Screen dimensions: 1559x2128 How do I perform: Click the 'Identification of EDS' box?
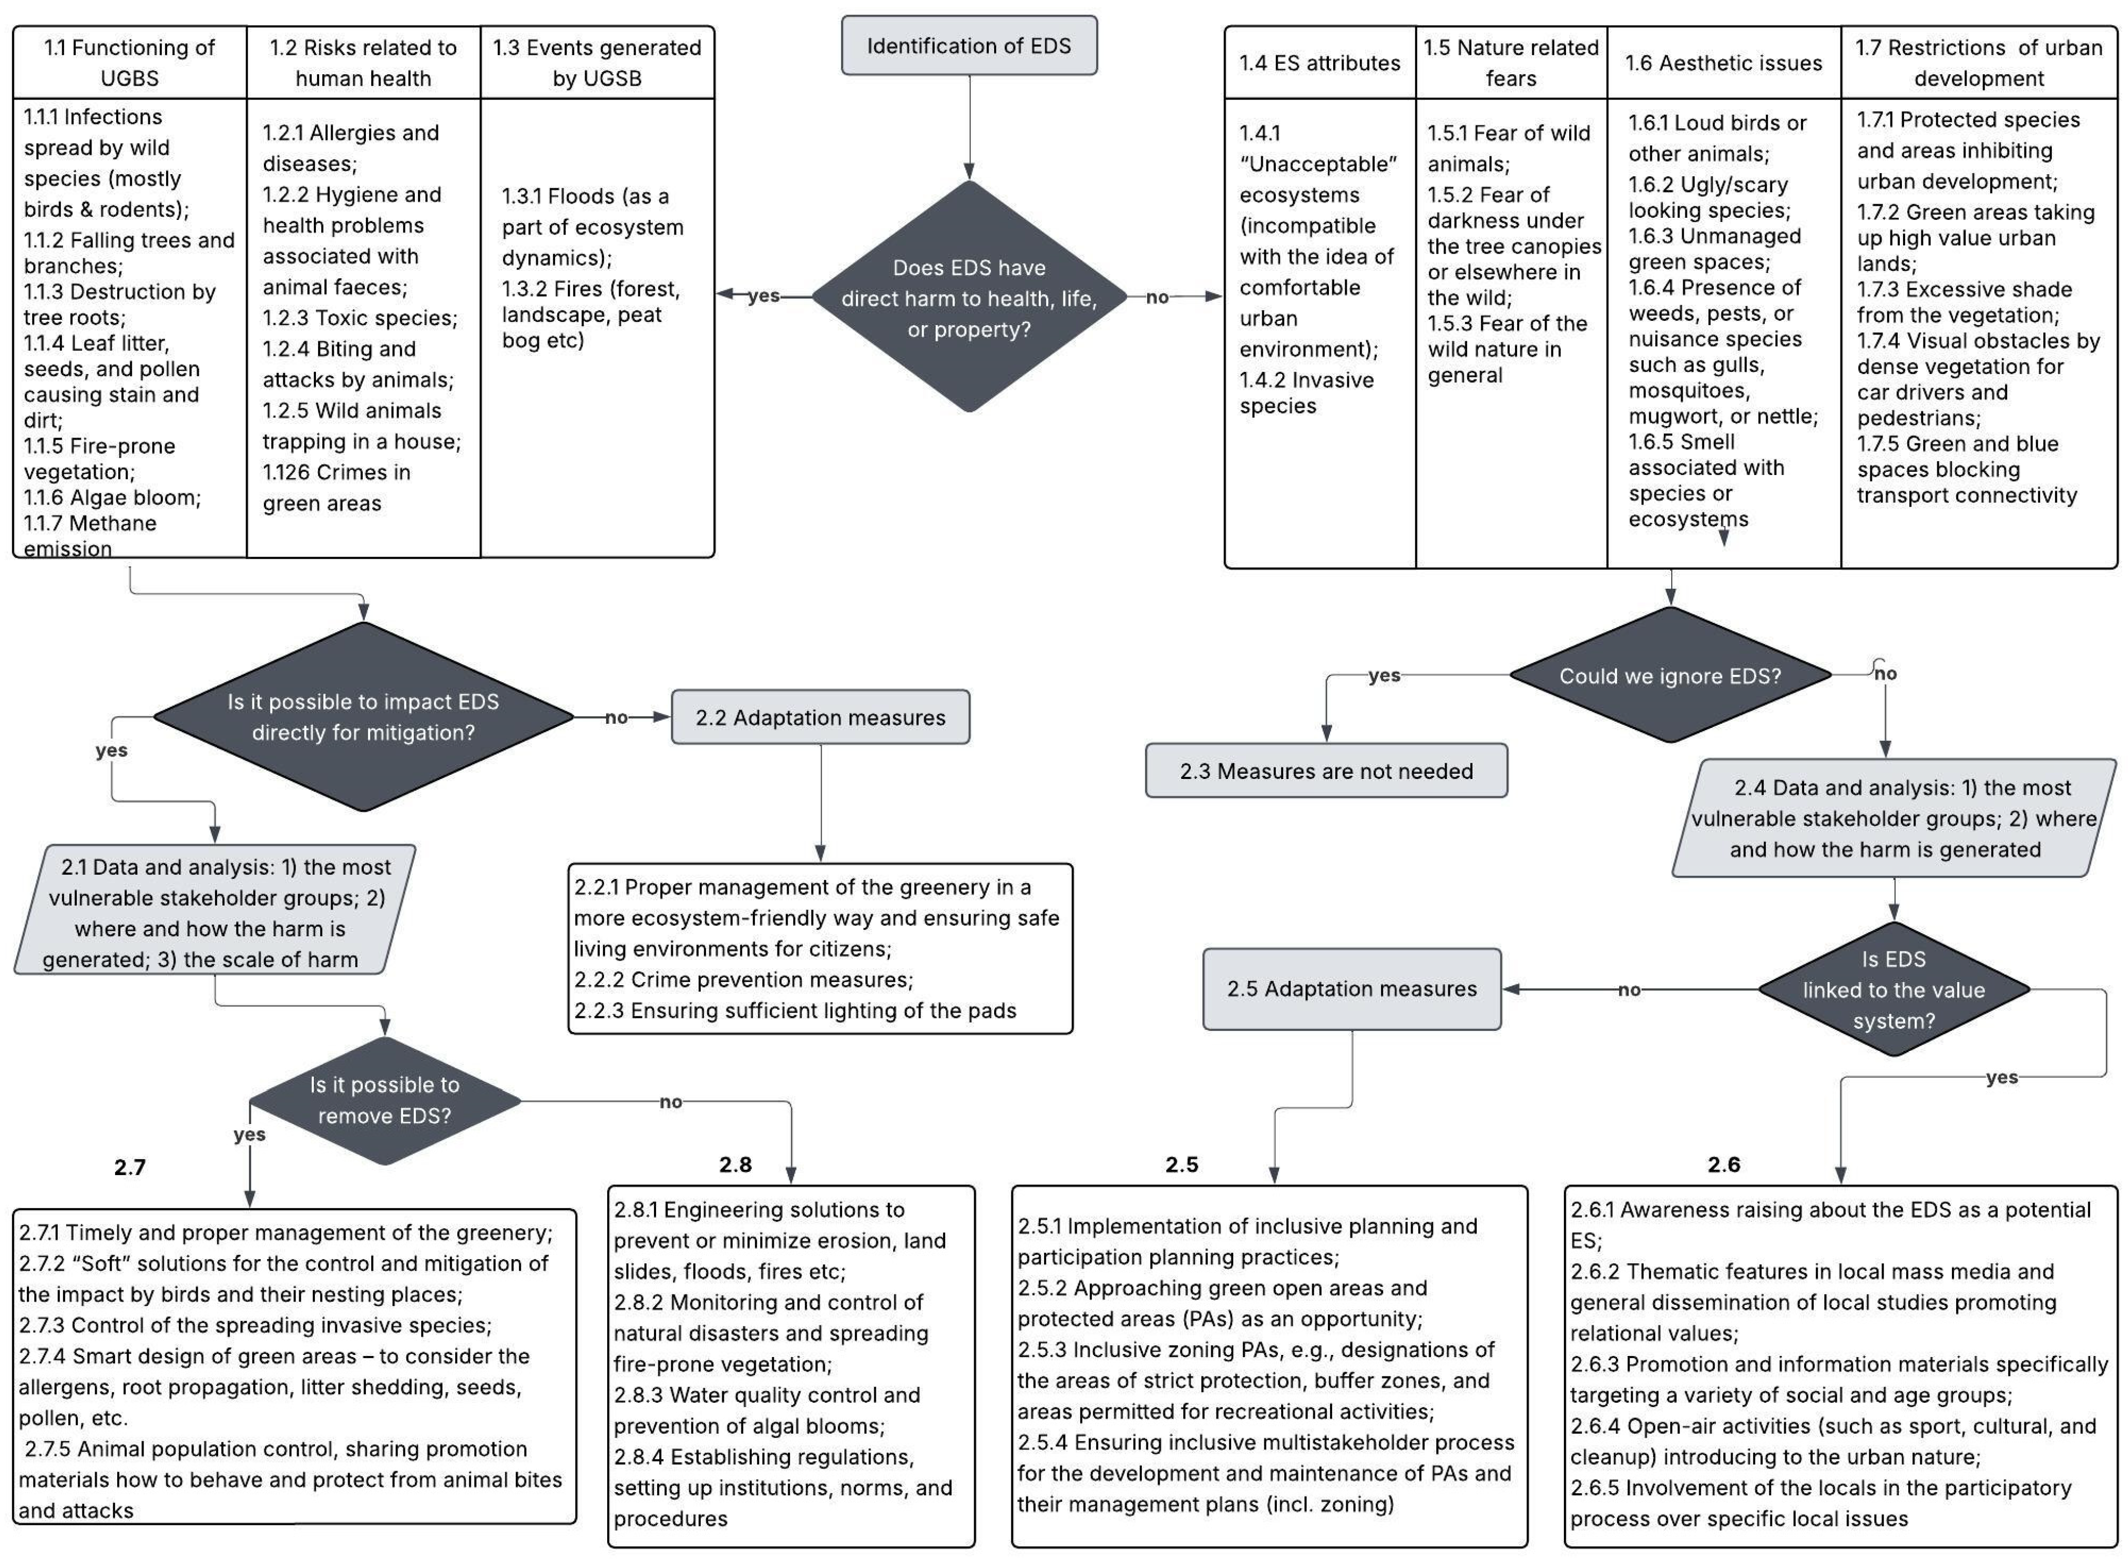coord(969,45)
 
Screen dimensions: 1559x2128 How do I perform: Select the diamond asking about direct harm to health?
coord(969,297)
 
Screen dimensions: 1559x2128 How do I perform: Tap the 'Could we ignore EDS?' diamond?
coord(1670,676)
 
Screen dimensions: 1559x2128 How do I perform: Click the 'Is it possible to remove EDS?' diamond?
coord(385,1100)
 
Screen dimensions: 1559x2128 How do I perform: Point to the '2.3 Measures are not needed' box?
coord(1325,771)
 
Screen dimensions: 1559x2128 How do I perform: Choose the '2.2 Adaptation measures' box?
coord(820,717)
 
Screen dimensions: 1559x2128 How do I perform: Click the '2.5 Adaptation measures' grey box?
coord(1351,989)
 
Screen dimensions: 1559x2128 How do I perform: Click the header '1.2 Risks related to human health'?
coord(363,62)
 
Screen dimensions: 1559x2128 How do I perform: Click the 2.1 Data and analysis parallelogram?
coord(215,912)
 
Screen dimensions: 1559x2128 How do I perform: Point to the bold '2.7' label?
coord(130,1167)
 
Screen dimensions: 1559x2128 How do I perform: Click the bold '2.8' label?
coord(735,1165)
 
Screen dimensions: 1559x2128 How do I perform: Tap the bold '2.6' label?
coord(1723,1165)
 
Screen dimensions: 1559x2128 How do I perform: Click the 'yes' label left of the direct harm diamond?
coord(763,296)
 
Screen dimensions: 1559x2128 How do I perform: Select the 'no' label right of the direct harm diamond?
coord(1157,297)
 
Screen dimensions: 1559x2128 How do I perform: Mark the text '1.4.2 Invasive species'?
coord(1305,392)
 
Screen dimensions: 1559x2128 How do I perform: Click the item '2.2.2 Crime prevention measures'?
coord(743,979)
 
